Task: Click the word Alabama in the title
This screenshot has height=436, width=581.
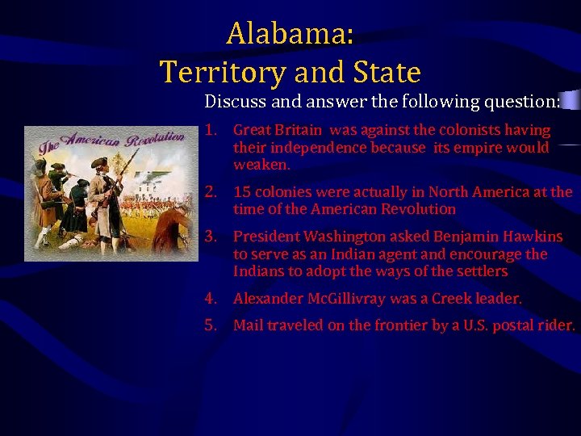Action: click(289, 34)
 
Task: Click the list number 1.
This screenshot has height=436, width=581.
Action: click(211, 130)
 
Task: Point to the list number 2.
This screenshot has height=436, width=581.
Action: click(211, 192)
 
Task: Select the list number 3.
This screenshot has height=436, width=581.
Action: click(211, 237)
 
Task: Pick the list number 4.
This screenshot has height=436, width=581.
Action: click(211, 299)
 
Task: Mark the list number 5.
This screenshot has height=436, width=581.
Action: click(211, 325)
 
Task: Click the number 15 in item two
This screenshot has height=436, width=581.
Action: click(241, 192)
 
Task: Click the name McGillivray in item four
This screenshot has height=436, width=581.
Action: click(346, 299)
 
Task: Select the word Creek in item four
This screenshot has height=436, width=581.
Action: click(452, 299)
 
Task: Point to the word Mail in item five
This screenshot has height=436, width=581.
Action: click(248, 325)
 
